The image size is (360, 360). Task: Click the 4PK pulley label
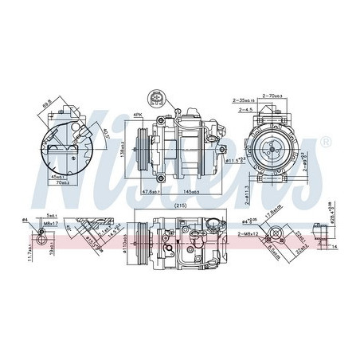pyautogui.click(x=138, y=116)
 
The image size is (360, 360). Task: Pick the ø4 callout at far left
pyautogui.click(x=25, y=219)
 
